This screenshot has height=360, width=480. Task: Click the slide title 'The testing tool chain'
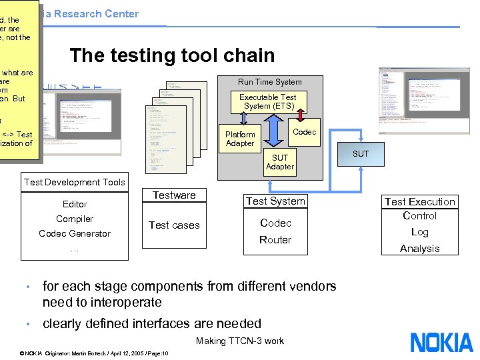click(x=172, y=55)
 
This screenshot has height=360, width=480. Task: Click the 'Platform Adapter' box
click(x=240, y=139)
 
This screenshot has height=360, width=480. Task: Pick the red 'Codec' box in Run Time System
click(x=305, y=132)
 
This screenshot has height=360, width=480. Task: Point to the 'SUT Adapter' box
click(x=279, y=162)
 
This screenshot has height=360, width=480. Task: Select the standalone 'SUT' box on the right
click(x=360, y=153)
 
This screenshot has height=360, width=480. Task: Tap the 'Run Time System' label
click(x=270, y=82)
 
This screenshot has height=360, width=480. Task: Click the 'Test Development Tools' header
click(x=75, y=182)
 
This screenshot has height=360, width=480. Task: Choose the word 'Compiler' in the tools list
click(x=75, y=219)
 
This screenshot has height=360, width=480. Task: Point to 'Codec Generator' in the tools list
click(x=75, y=233)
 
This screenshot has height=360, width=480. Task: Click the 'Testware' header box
click(x=174, y=195)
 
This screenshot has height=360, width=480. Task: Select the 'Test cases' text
click(x=174, y=225)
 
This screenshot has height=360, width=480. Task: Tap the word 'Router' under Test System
click(x=275, y=239)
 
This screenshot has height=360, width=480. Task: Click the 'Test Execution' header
click(x=419, y=201)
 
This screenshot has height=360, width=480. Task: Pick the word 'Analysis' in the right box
click(x=419, y=248)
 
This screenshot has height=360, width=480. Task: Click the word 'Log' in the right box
click(x=419, y=232)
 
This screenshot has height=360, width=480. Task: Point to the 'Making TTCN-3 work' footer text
click(x=240, y=341)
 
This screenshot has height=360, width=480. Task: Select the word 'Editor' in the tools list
click(x=75, y=204)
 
